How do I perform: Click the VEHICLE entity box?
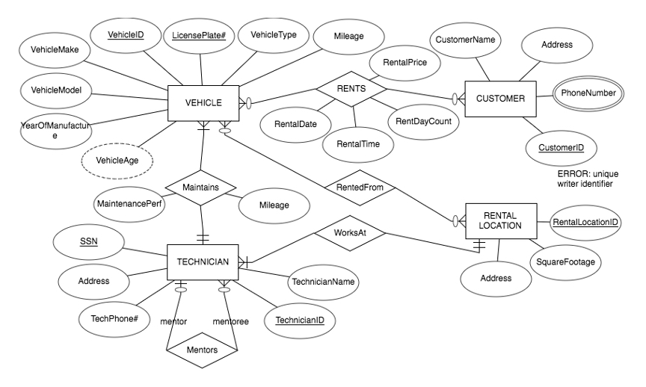(x=203, y=102)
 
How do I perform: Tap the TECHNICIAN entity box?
(x=202, y=262)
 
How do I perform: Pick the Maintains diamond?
(x=201, y=187)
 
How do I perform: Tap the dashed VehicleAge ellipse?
(x=115, y=160)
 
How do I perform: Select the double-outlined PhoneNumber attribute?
(x=589, y=93)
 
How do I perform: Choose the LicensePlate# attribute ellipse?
(x=200, y=34)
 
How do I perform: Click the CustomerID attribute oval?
(x=562, y=148)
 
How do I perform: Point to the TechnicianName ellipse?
(x=322, y=283)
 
